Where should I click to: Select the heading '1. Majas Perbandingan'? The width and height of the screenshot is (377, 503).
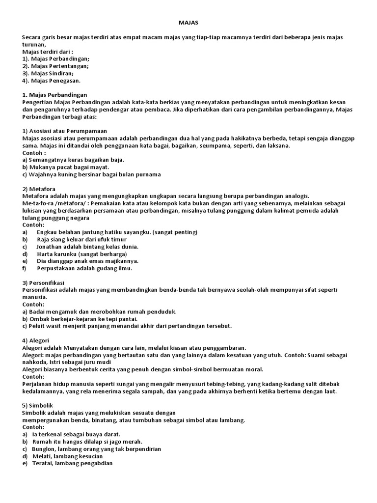tap(54, 94)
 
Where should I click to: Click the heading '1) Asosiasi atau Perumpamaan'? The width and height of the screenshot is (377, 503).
tap(65, 131)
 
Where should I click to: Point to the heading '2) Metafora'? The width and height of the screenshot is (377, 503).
tap(39, 189)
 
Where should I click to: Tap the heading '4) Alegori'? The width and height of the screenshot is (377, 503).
tap(36, 340)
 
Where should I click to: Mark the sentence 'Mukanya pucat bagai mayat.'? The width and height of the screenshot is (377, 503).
tap(68, 167)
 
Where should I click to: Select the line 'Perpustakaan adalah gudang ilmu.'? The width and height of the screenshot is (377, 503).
tap(84, 268)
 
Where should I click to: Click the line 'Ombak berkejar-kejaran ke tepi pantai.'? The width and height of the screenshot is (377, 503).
tap(83, 319)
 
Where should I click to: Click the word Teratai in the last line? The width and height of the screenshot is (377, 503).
tap(43, 463)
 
